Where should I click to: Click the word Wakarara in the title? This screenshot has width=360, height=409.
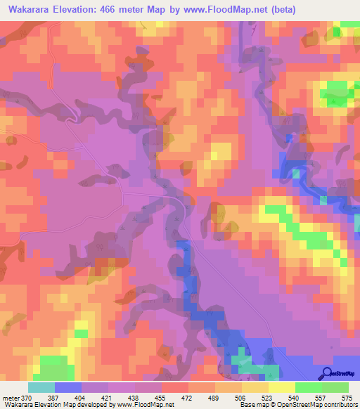(x=32, y=9)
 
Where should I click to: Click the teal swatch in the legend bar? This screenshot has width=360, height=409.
(x=41, y=387)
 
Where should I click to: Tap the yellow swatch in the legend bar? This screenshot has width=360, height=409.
(x=282, y=387)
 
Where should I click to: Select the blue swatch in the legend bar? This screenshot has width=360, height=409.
(x=68, y=387)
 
